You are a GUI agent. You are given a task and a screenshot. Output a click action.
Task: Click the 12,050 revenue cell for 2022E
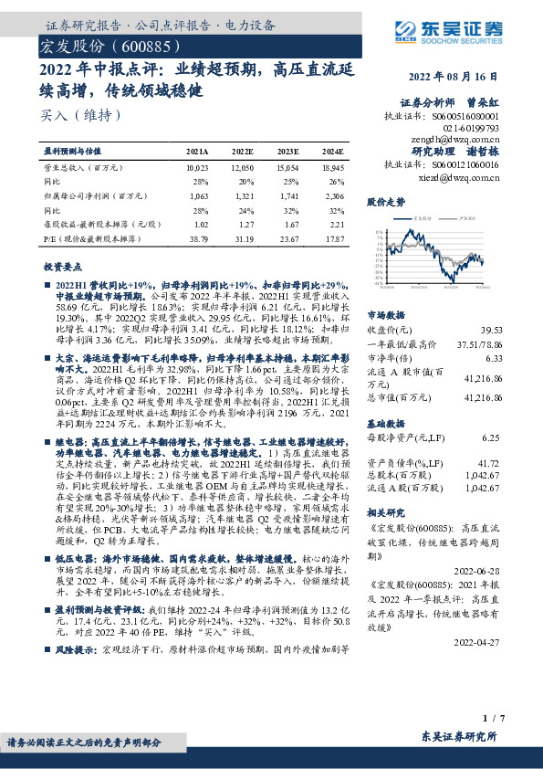[x=242, y=169]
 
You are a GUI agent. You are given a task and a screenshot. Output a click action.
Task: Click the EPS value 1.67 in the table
[x=290, y=224]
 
